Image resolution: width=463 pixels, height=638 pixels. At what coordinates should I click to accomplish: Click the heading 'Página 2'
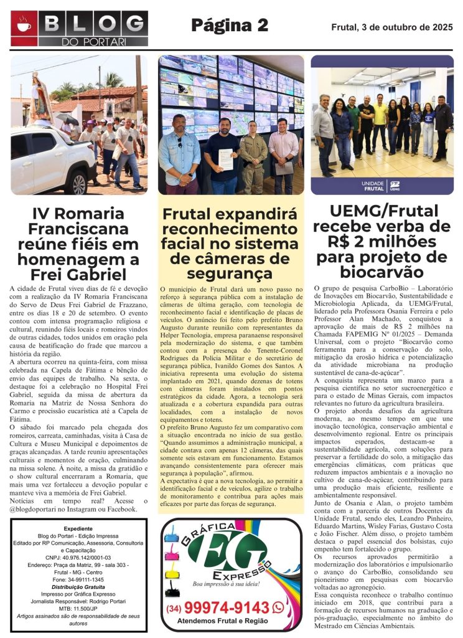pos(230,25)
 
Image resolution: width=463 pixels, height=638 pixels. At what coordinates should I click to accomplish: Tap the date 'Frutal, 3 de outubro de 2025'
pos(391,27)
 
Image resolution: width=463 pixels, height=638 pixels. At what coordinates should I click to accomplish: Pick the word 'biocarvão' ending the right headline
pos(381,271)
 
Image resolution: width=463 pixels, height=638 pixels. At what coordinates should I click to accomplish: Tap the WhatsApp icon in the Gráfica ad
pos(278,607)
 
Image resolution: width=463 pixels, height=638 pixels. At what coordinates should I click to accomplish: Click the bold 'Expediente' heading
pos(78,528)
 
